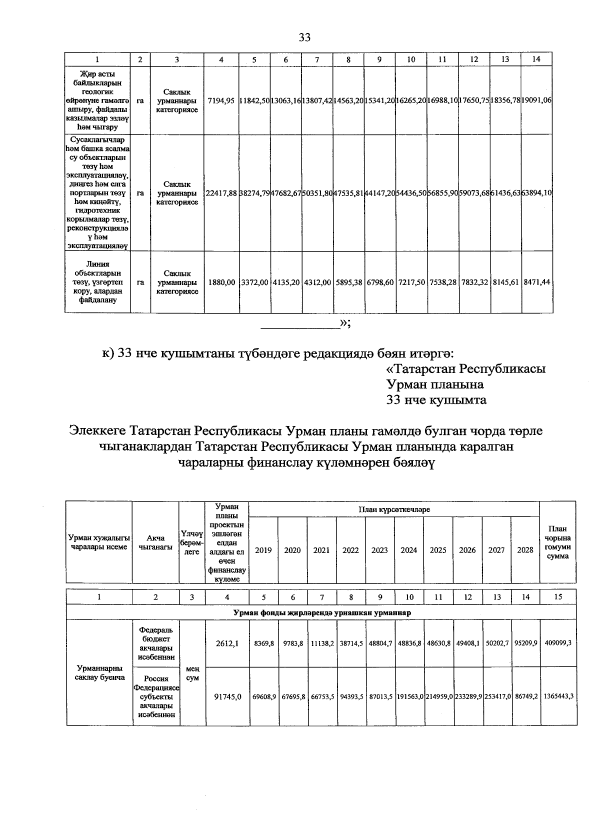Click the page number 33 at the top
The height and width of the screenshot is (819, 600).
[304, 37]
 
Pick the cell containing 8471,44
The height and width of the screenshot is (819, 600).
[536, 282]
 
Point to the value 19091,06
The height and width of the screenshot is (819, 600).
[536, 100]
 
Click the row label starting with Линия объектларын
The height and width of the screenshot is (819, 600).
[97, 282]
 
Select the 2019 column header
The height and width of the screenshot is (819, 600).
[263, 550]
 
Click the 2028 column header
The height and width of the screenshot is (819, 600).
[525, 550]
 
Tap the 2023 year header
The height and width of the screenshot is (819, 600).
[379, 550]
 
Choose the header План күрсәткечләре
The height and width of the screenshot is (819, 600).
[394, 509]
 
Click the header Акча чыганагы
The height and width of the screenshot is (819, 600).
[155, 542]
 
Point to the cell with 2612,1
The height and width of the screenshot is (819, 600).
[227, 644]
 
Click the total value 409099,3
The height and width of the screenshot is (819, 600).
[558, 644]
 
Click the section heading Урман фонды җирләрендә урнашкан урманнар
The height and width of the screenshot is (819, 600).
[321, 612]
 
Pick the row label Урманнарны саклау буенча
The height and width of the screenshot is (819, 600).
[99, 672]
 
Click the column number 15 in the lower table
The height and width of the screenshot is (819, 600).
[558, 597]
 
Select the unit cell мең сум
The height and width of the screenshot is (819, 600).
[192, 673]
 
